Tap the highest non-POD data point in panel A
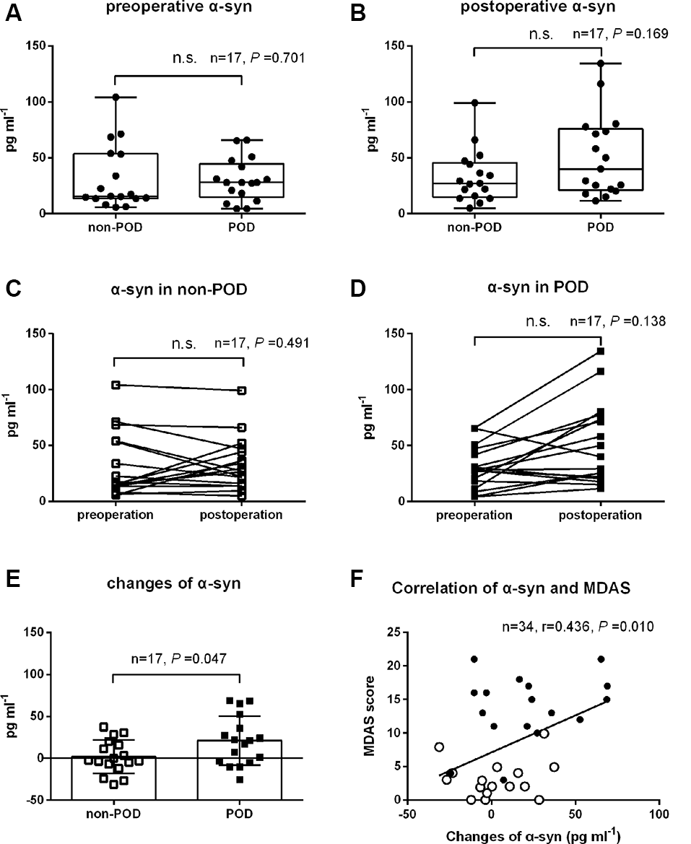115,97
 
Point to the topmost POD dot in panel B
601,64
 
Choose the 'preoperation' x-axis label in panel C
115,515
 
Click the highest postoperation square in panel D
601,352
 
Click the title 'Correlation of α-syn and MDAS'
512,588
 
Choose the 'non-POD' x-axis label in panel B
474,227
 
